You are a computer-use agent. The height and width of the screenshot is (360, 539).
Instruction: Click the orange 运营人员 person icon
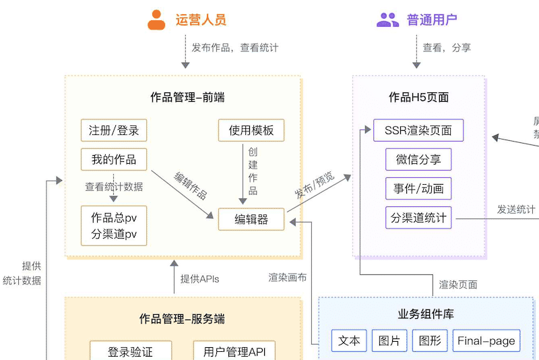pos(156,20)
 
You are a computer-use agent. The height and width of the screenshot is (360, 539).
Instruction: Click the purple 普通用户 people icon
pos(388,20)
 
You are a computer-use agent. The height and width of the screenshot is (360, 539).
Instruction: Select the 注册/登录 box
pos(114,130)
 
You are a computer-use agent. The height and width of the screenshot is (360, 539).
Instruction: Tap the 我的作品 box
pos(114,160)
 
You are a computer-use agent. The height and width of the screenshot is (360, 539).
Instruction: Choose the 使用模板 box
pos(251,130)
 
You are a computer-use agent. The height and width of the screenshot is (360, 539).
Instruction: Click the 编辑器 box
pos(251,219)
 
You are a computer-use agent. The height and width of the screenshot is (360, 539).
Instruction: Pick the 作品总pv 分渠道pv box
pos(114,225)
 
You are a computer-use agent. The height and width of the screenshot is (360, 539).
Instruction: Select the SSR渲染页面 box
pos(418,130)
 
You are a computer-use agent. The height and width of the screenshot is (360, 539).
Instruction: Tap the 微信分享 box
pos(418,160)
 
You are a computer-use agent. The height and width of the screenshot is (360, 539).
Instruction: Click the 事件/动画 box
pos(418,189)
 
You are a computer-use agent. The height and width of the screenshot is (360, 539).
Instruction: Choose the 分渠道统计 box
pos(418,218)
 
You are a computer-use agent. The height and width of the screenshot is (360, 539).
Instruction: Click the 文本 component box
pos(349,340)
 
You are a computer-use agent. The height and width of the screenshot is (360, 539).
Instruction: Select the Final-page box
pos(486,340)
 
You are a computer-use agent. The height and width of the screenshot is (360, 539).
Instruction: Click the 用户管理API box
pos(234,351)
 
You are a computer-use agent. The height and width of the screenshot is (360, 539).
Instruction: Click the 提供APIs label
pos(199,278)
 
